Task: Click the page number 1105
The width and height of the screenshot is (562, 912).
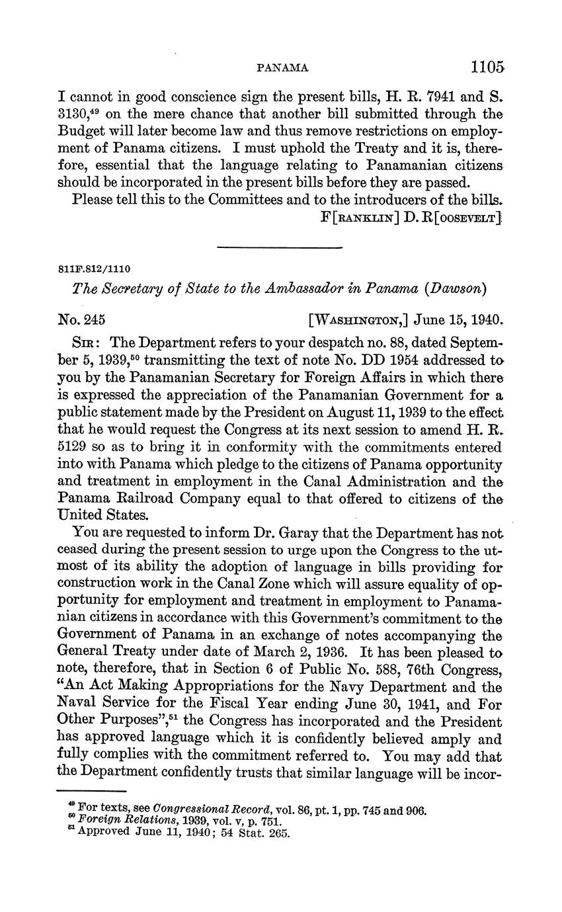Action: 488,67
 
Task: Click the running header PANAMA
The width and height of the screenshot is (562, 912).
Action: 282,67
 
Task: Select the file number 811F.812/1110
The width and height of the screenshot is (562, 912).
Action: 94,269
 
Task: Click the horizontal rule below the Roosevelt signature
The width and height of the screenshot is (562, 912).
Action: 280,247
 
